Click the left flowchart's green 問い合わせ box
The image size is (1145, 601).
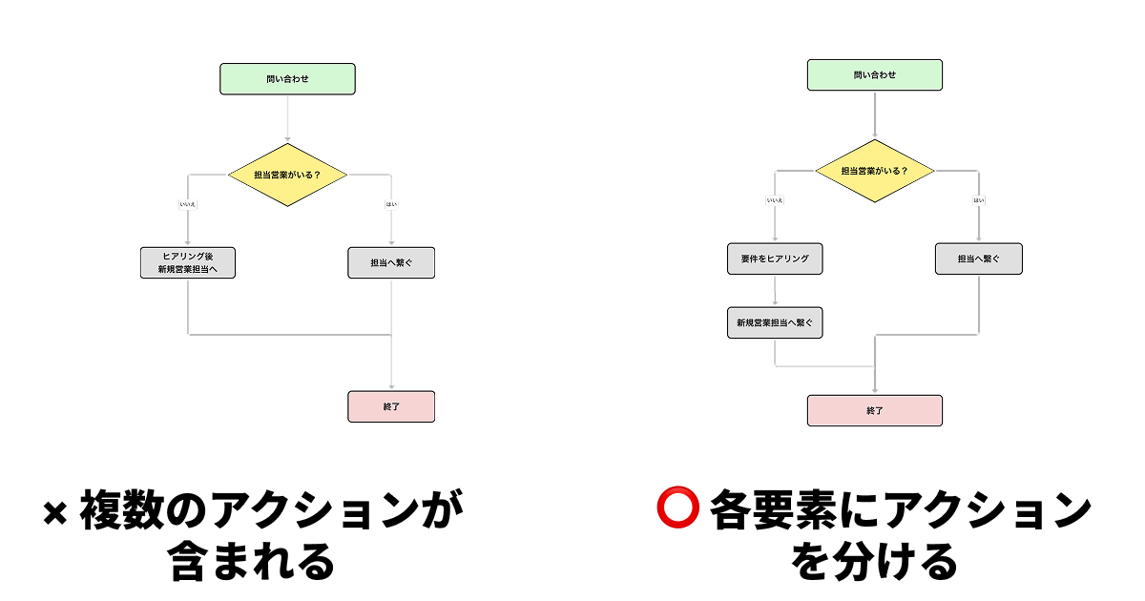click(287, 79)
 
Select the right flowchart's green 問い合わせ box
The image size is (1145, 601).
click(874, 75)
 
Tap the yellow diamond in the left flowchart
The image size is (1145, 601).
click(287, 176)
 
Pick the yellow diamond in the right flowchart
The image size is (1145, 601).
click(874, 172)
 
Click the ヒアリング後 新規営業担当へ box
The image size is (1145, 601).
click(187, 263)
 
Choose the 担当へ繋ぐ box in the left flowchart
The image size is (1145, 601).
click(391, 263)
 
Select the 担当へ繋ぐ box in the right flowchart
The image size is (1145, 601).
click(978, 259)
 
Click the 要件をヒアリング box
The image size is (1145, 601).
click(774, 259)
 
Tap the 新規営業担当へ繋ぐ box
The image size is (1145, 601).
click(774, 323)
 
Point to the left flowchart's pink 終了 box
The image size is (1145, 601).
click(391, 406)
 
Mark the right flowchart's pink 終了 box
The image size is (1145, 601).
click(874, 410)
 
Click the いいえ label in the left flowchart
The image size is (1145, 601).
click(187, 204)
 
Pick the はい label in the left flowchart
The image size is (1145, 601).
click(391, 204)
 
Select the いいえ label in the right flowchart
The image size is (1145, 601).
click(774, 200)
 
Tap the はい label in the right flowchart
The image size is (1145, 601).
click(978, 200)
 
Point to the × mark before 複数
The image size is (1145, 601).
click(56, 514)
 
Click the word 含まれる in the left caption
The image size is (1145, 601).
click(252, 562)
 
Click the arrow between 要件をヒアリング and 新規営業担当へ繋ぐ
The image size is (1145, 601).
click(774, 292)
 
